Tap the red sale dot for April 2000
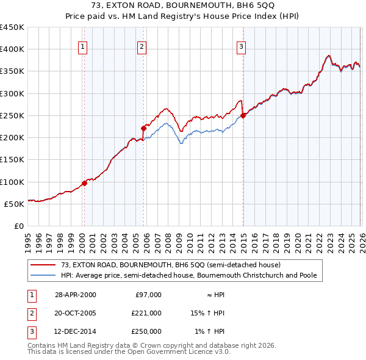click(x=84, y=183)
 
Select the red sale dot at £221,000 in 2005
click(x=144, y=128)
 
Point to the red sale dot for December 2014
click(x=243, y=115)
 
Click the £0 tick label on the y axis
click(x=18, y=226)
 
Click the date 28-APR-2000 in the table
click(x=75, y=295)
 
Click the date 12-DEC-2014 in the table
click(x=75, y=331)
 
